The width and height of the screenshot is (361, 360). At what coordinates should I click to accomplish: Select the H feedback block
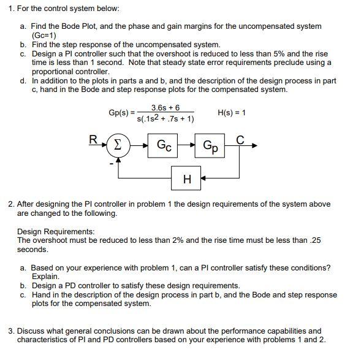pyautogui.click(x=186, y=178)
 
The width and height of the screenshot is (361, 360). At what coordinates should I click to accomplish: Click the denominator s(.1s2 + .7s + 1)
pyautogui.click(x=165, y=118)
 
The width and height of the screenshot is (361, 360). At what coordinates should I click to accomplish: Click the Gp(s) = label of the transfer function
pyautogui.click(x=121, y=113)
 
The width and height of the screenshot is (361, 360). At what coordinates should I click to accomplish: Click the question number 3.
pyautogui.click(x=10, y=331)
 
